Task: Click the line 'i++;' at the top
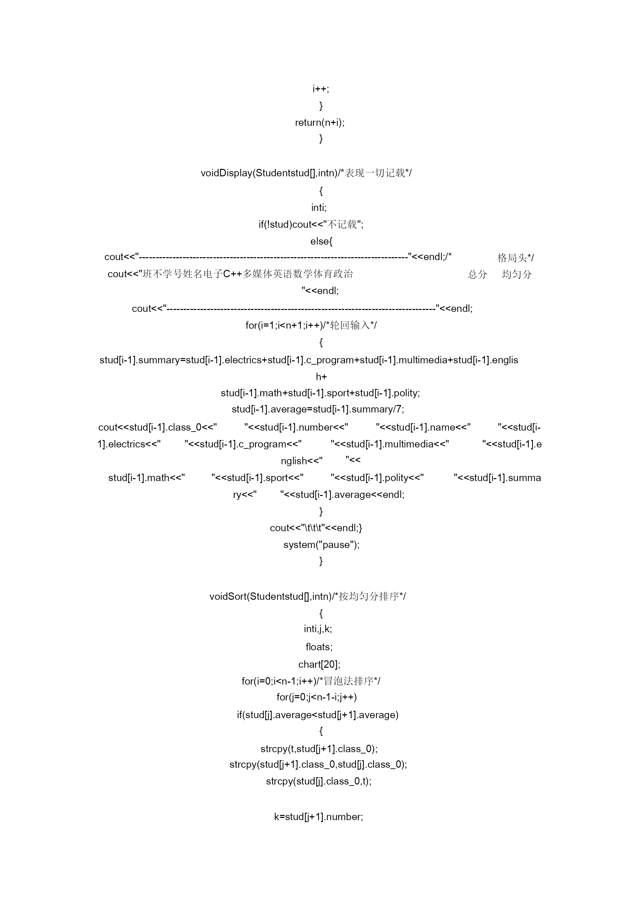point(321,89)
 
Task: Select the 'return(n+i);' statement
point(320,122)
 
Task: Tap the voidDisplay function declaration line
point(306,173)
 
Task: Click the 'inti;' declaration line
point(319,207)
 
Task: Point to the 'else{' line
point(321,241)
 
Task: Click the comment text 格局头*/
point(516,258)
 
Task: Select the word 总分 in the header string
point(477,274)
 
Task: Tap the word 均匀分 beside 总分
point(517,274)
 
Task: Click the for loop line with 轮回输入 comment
point(311,325)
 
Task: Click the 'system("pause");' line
point(322,544)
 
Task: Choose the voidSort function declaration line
point(308,596)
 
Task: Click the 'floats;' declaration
point(319,647)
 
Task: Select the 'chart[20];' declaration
point(319,664)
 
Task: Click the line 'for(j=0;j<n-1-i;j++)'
point(317,697)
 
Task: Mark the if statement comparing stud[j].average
point(317,715)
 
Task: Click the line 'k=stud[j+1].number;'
point(319,817)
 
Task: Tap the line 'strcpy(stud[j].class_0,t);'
point(319,781)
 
